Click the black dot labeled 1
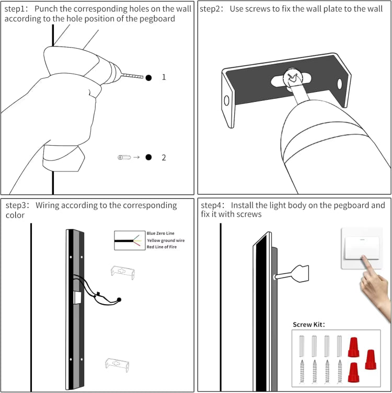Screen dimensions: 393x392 tap(148, 77)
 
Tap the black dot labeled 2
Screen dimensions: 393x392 tap(148, 157)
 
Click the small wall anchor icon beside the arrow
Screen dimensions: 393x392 tap(124, 157)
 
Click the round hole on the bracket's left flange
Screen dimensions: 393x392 tap(227, 100)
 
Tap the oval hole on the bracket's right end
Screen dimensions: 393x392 tap(340, 84)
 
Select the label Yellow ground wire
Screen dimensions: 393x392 tap(166, 240)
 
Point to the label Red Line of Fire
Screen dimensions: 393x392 tap(162, 247)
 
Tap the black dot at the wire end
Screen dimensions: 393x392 tap(119, 299)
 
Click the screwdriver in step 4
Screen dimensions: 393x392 tap(293, 274)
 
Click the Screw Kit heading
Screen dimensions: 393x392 tap(309, 325)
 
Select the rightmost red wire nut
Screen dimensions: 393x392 tap(371, 360)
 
